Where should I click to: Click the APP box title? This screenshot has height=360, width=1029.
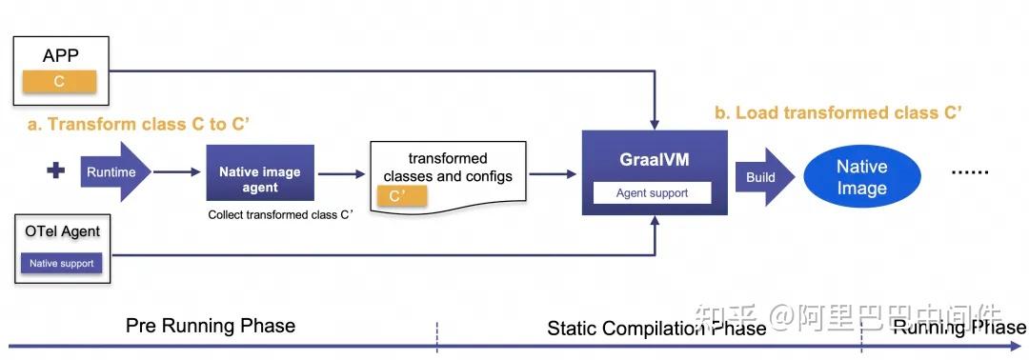(x=59, y=56)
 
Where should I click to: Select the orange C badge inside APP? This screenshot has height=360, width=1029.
(x=59, y=82)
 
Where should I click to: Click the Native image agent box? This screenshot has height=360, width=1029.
(x=259, y=172)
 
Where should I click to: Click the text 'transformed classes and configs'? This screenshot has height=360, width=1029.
(x=447, y=167)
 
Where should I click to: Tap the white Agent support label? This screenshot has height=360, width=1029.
(x=653, y=192)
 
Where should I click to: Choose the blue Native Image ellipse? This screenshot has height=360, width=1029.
(x=861, y=177)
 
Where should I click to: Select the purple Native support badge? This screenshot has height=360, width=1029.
(x=62, y=263)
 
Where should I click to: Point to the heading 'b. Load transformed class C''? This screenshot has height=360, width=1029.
(x=837, y=112)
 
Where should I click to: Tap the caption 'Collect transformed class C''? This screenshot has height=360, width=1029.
(x=281, y=214)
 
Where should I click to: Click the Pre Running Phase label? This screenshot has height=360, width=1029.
(x=210, y=326)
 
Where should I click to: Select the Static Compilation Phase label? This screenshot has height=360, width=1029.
(x=656, y=328)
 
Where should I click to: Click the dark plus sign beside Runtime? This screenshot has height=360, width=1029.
(x=55, y=171)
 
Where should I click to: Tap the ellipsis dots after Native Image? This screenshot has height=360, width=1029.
(x=969, y=173)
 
